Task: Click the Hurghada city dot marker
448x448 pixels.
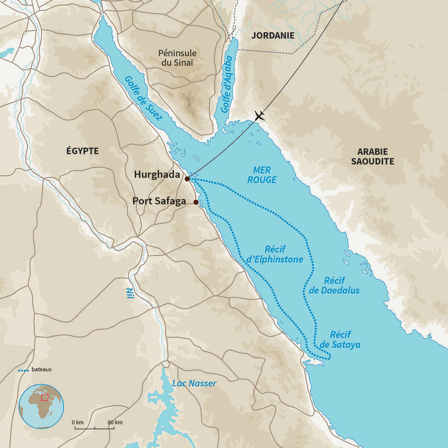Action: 187,179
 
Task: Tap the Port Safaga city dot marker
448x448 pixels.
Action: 196,202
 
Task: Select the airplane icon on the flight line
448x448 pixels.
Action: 260,116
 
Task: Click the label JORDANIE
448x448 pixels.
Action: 273,35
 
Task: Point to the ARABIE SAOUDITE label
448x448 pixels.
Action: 373,156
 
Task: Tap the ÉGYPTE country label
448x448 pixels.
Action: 82,151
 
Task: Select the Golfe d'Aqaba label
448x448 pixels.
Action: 228,85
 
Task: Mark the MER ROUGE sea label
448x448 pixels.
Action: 262,174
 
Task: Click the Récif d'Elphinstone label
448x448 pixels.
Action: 275,255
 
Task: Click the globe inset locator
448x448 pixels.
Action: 41,406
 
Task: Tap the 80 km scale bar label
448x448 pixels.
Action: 115,422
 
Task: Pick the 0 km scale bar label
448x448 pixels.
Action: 77,422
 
